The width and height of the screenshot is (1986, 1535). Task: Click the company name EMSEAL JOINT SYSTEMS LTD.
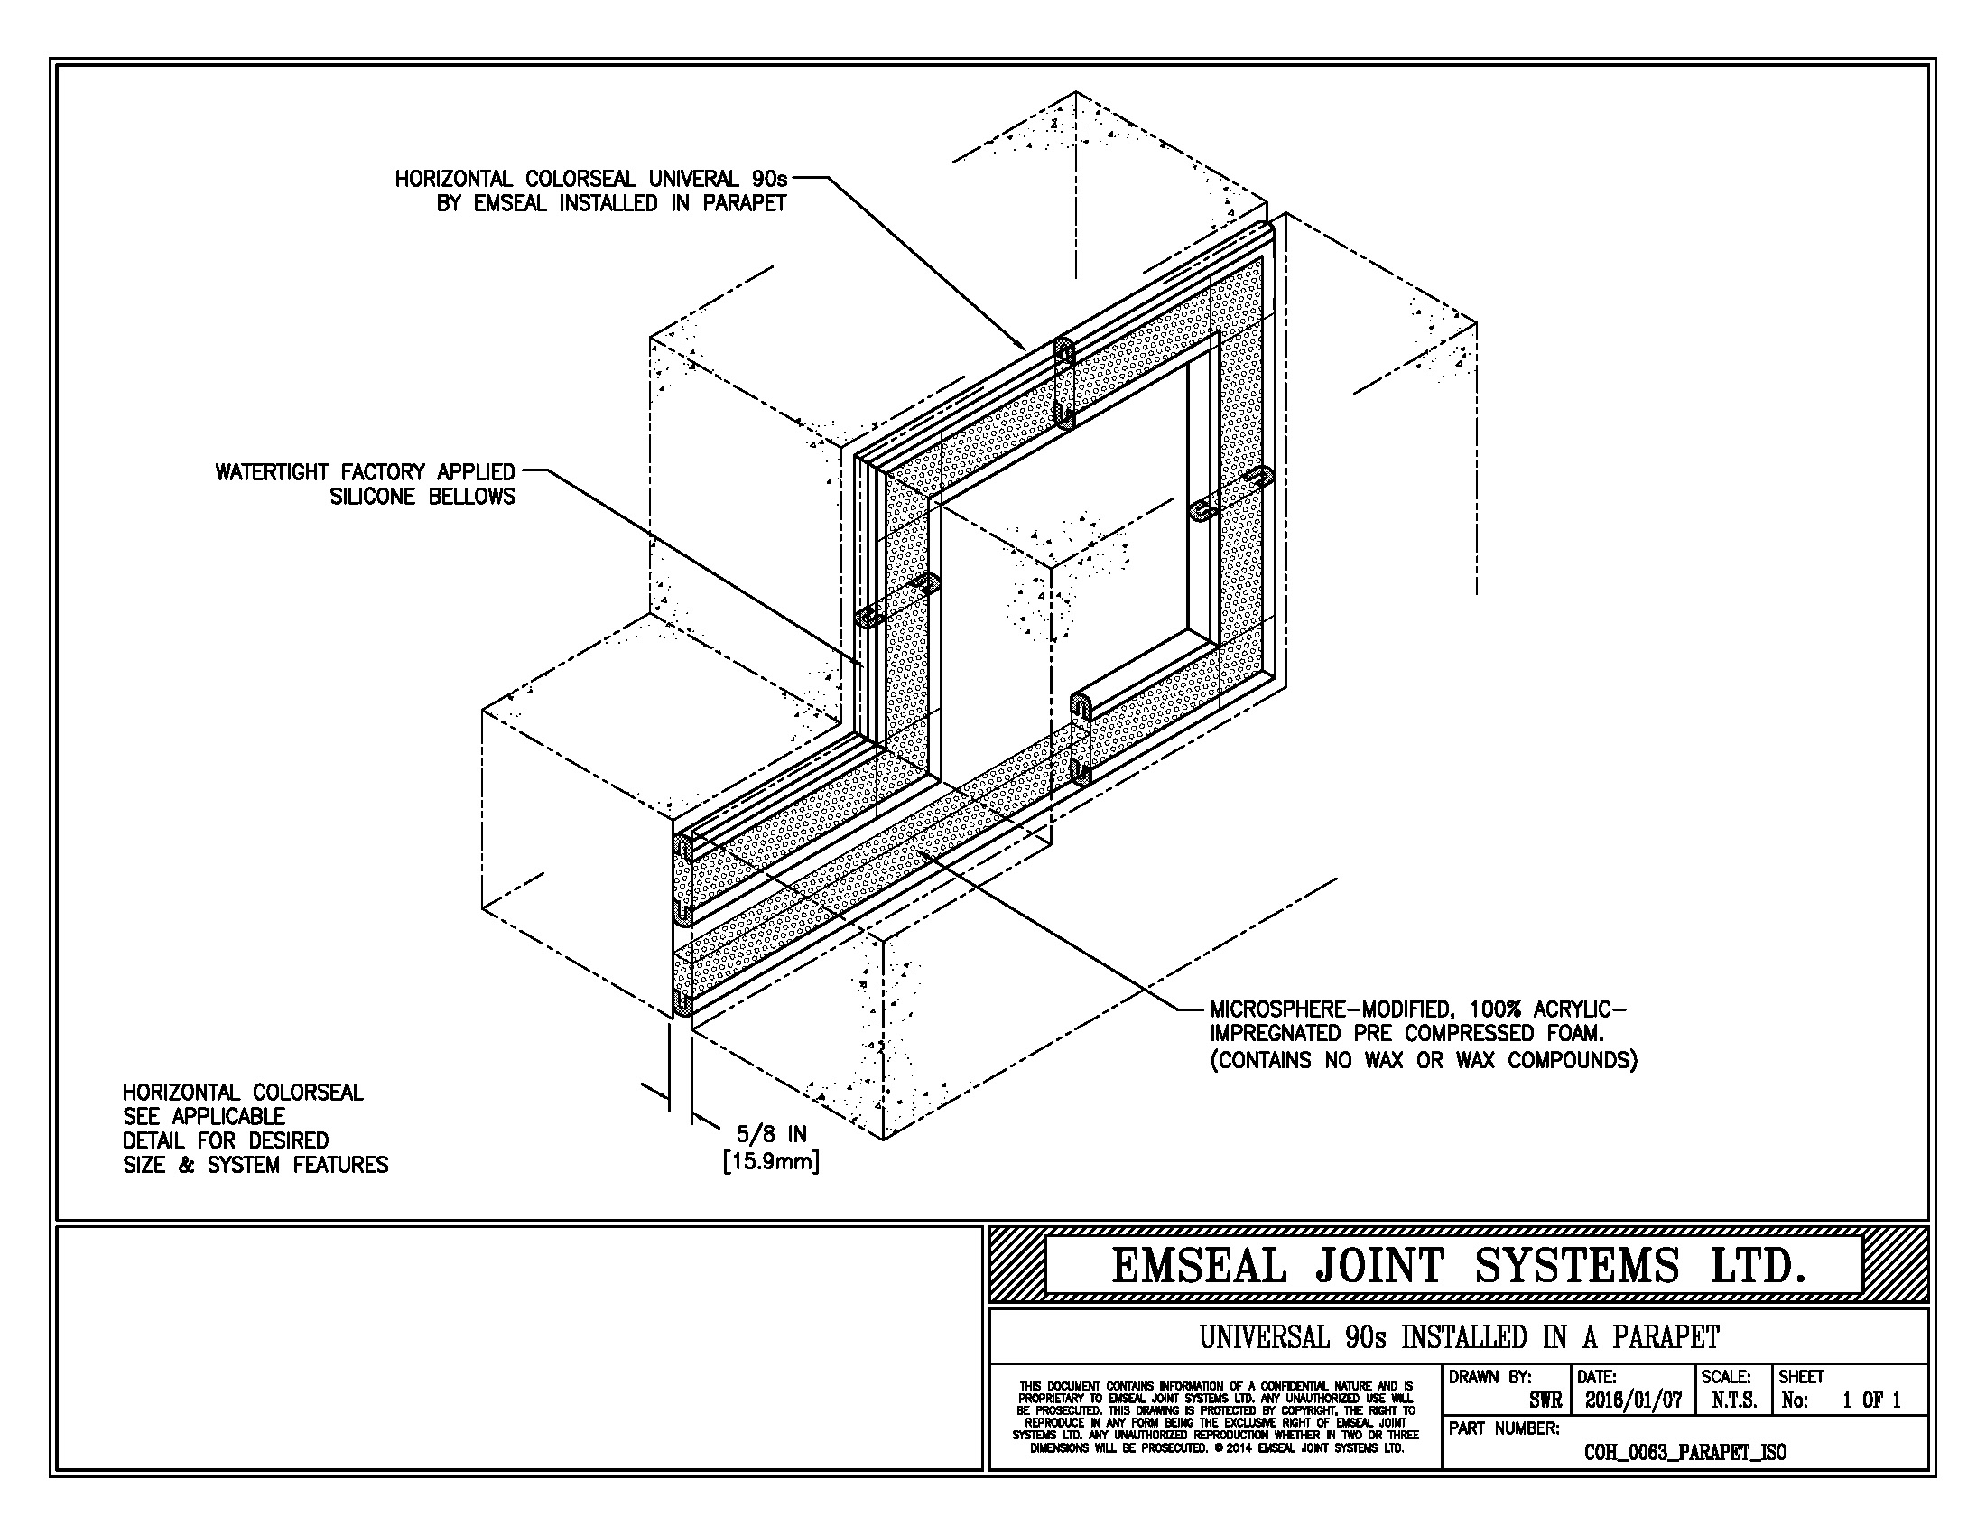1458,1265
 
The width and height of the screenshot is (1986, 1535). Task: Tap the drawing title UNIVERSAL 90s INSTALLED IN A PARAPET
1459,1337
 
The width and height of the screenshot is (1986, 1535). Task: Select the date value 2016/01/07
1633,1400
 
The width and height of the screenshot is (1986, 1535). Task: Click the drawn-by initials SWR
1545,1401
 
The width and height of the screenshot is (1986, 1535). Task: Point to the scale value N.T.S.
1734,1400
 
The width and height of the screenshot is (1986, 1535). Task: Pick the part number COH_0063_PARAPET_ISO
1685,1452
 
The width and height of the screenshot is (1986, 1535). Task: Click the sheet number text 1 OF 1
1871,1400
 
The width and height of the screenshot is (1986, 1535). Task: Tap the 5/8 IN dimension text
771,1134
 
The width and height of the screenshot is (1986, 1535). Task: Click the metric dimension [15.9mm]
771,1161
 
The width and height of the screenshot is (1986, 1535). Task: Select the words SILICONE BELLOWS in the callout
422,497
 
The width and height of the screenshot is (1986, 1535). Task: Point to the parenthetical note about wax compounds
1423,1060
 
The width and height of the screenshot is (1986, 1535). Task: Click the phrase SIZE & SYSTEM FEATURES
255,1165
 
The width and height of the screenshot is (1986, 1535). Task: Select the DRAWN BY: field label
1489,1378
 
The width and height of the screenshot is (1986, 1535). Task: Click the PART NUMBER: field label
1504,1428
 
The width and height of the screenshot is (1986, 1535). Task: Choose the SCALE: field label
1726,1378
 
